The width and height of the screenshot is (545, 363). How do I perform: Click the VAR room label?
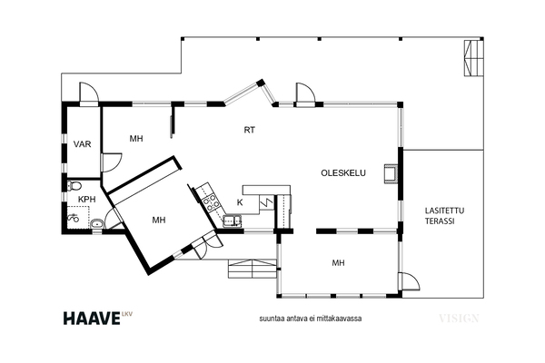(x=83, y=143)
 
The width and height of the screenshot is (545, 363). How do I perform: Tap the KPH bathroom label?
(x=86, y=200)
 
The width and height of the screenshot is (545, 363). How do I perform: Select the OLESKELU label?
(x=343, y=173)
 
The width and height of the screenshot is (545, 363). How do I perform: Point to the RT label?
(x=250, y=130)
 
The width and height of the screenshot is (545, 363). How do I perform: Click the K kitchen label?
(x=240, y=202)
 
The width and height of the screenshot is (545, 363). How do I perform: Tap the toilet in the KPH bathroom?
(x=74, y=185)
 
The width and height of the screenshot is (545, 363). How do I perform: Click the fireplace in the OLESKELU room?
(x=391, y=172)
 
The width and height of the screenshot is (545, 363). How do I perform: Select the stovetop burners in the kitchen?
(x=211, y=203)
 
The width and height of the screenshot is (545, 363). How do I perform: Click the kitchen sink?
(x=233, y=221)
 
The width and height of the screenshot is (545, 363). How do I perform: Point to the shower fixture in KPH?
(x=73, y=218)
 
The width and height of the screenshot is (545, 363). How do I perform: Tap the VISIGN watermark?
(x=459, y=319)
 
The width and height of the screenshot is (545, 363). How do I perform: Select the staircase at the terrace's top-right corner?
(x=474, y=58)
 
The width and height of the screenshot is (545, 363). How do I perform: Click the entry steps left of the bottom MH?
(x=253, y=269)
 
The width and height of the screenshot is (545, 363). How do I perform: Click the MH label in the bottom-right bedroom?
(x=338, y=263)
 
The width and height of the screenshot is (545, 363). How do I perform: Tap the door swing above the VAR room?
(x=89, y=93)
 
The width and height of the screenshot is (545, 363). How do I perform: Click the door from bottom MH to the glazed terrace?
(x=411, y=280)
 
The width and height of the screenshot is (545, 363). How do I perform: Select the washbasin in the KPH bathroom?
(x=97, y=224)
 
